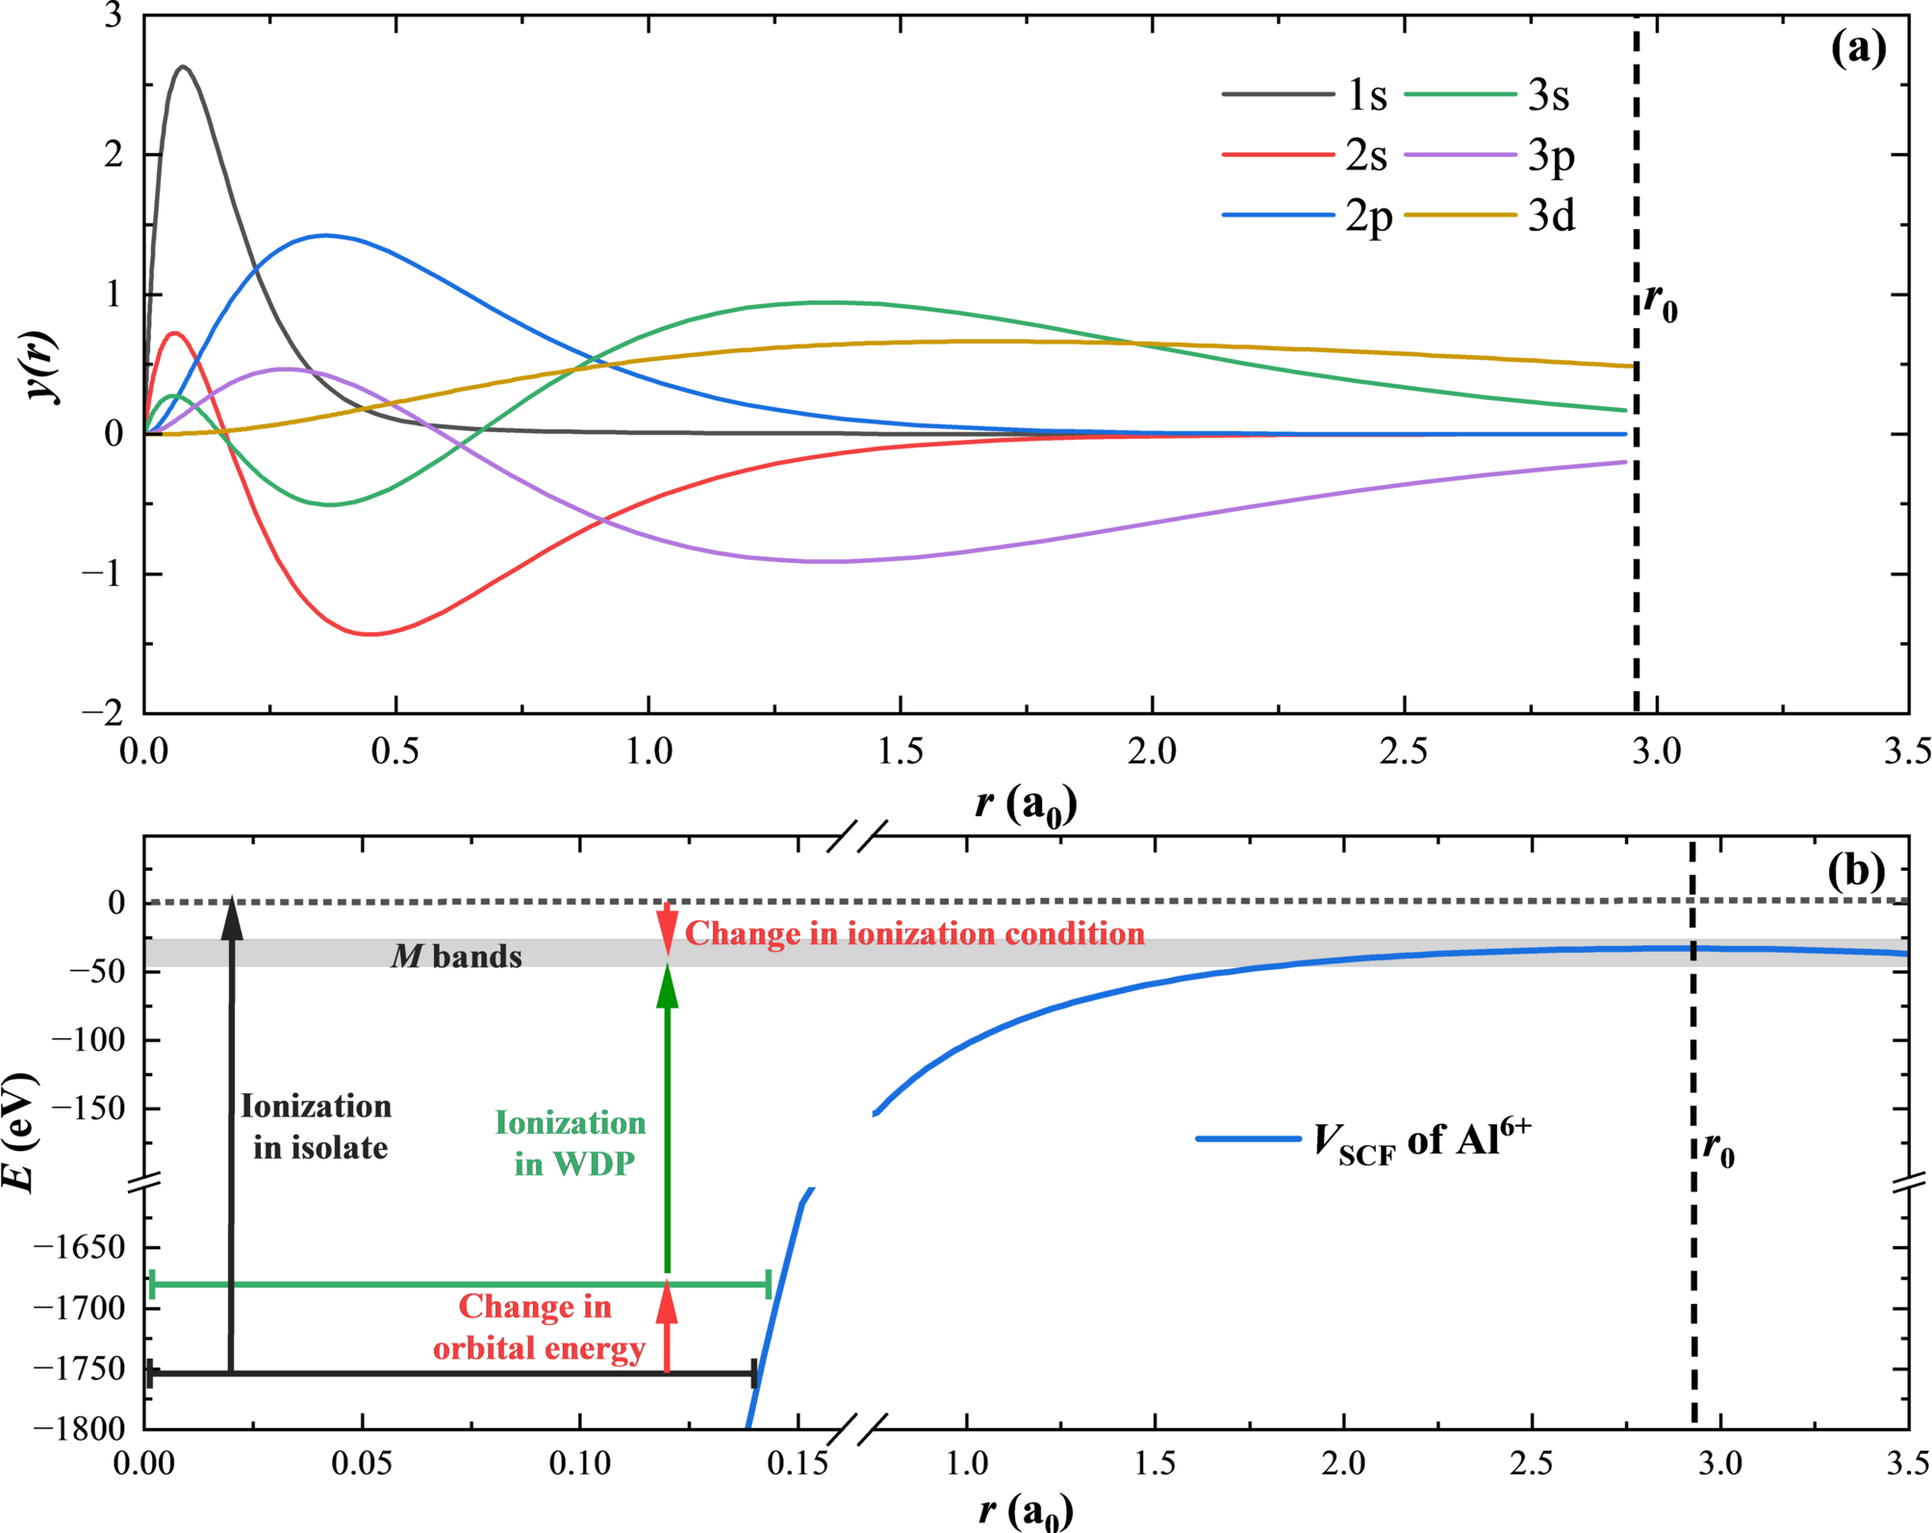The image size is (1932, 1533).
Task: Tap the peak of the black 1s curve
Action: click(183, 66)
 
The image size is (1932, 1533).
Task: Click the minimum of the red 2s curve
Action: click(371, 633)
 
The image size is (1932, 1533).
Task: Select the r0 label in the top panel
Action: click(1660, 303)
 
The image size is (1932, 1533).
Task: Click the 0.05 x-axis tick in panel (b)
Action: click(362, 1464)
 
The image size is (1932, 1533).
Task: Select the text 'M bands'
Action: click(456, 956)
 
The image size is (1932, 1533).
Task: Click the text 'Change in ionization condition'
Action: click(914, 933)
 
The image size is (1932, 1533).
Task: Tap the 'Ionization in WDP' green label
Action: click(572, 1143)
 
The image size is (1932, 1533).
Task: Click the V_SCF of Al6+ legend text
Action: click(1421, 1141)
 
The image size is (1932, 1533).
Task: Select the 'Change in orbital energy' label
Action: click(537, 1327)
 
